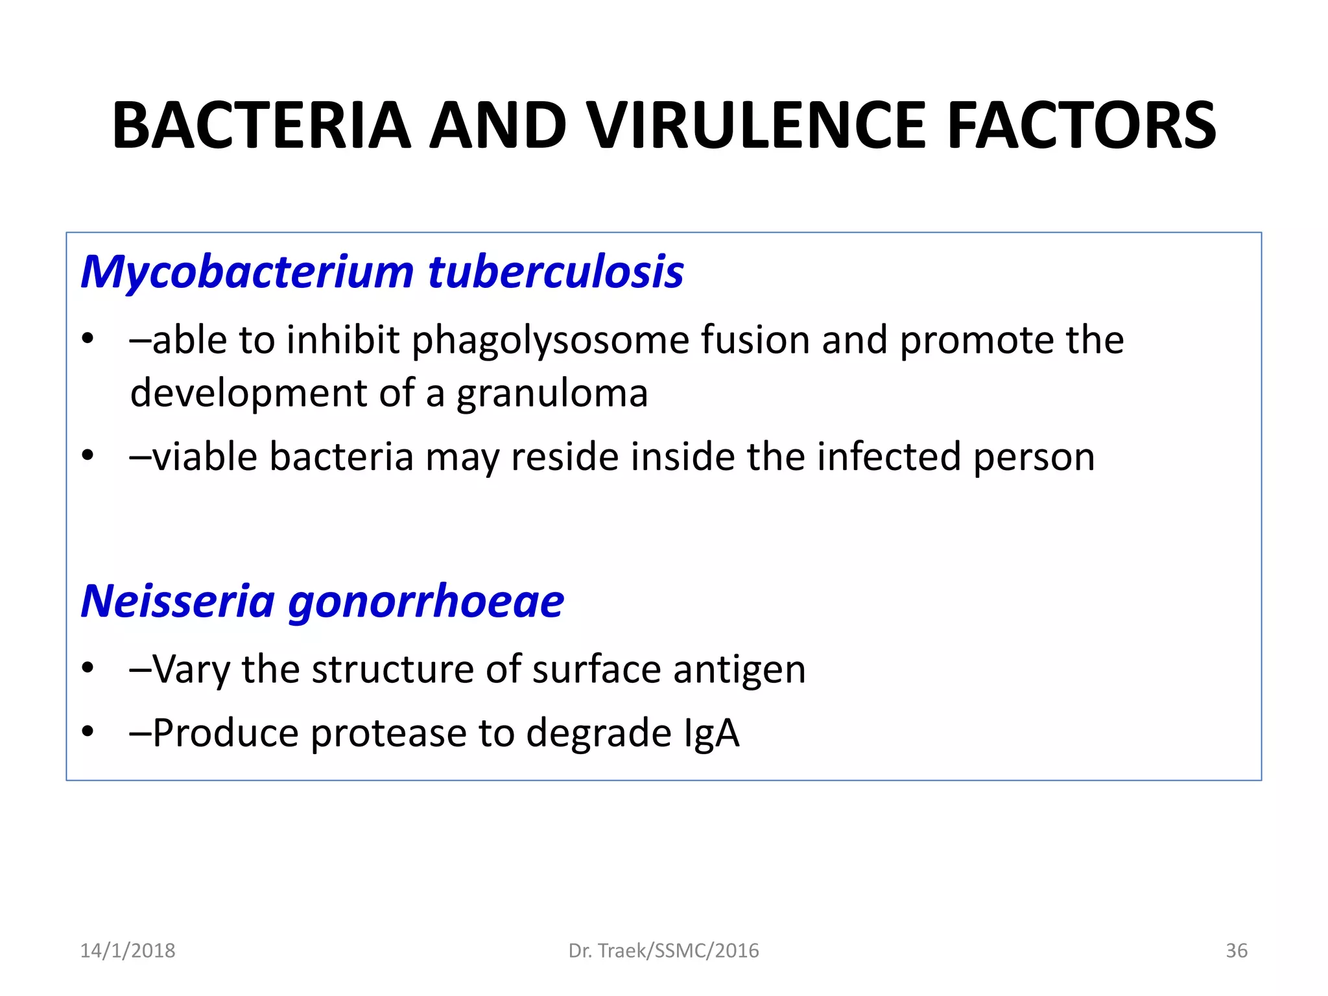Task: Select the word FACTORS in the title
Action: point(1081,126)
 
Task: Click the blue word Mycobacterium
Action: point(247,272)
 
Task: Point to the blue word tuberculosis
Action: point(556,272)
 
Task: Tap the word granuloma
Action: point(552,394)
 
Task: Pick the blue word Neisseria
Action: point(178,601)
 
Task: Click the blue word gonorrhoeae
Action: point(426,602)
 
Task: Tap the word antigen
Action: point(739,670)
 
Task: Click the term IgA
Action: point(711,733)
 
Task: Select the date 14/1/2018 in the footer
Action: point(128,951)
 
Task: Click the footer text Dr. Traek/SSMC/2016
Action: point(663,951)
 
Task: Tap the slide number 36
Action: point(1236,951)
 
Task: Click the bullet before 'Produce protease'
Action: point(88,732)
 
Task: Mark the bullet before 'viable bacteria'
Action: point(88,455)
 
